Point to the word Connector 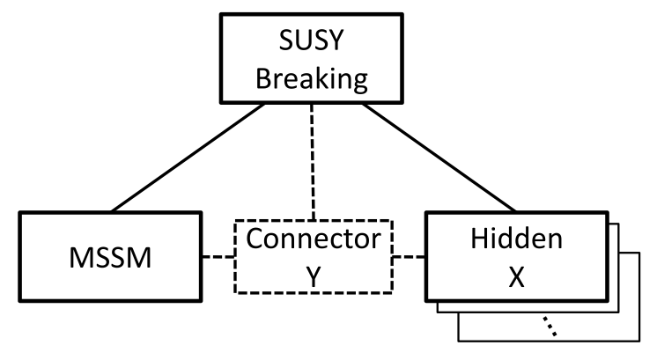click(314, 239)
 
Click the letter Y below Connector click(314, 275)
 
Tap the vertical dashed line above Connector click(314, 158)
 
